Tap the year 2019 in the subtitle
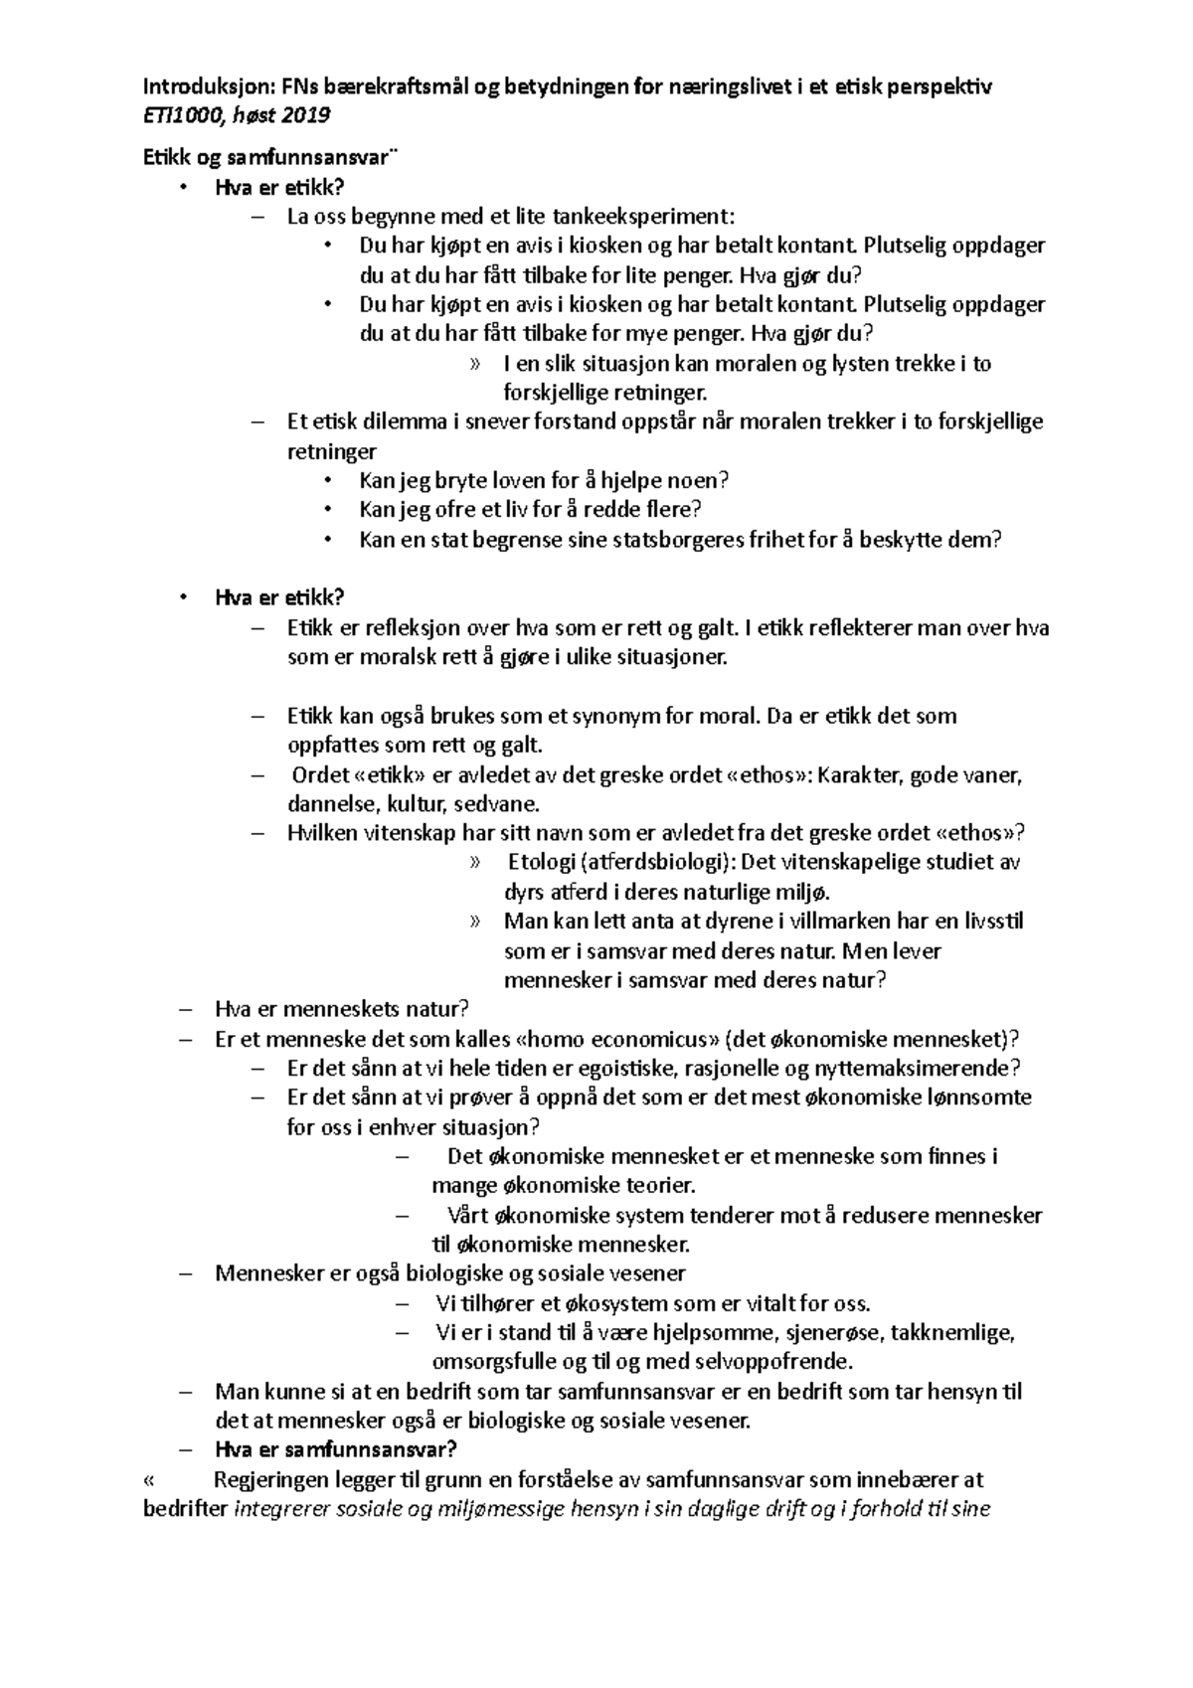point(305,116)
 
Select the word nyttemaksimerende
point(917,1069)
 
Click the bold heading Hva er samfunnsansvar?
point(335,1450)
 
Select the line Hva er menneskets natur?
point(341,1010)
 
